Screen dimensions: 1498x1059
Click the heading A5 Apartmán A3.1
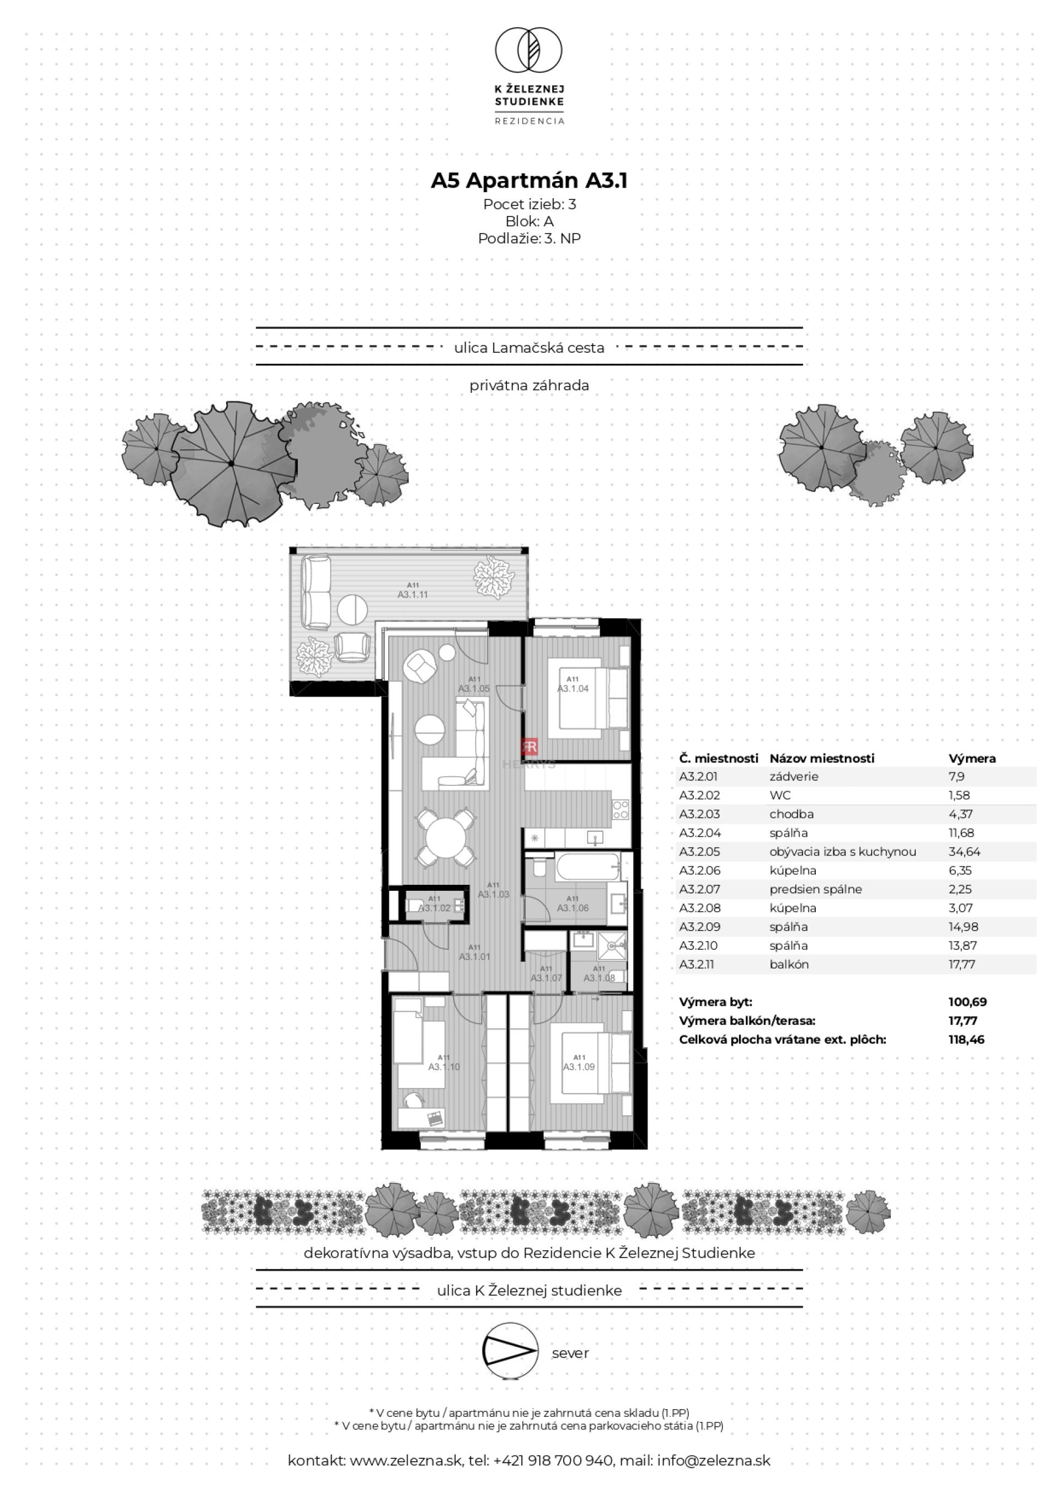tap(529, 180)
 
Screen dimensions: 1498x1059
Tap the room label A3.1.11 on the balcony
tap(413, 594)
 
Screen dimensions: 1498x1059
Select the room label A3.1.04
tap(573, 688)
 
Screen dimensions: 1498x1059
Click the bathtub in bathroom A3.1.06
tap(587, 867)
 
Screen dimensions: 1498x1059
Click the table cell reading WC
tap(780, 795)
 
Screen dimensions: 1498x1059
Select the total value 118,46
tap(966, 1039)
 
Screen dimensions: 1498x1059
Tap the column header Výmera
tap(972, 758)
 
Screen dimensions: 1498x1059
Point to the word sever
tap(570, 1353)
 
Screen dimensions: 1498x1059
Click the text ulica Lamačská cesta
tap(529, 348)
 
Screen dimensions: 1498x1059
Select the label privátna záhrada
tap(529, 386)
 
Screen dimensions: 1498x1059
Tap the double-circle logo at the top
tap(529, 50)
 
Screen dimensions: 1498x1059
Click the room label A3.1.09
tap(579, 1067)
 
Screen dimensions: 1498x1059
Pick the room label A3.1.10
tap(443, 1067)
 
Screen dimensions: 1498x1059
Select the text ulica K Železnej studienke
tap(529, 1290)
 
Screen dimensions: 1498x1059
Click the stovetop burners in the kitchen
tap(620, 810)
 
